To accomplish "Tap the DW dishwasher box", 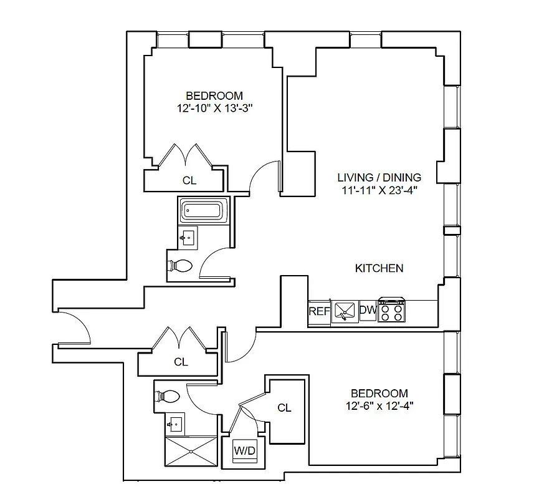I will (x=368, y=311).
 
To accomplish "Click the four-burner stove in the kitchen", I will (x=391, y=309).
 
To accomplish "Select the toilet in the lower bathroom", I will (x=167, y=396).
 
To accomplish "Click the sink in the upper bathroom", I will (x=188, y=238).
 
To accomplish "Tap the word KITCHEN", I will (x=379, y=268).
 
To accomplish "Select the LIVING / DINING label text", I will (x=379, y=178).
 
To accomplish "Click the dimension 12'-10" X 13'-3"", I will (x=214, y=108).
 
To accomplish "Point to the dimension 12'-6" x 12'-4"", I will (x=379, y=405).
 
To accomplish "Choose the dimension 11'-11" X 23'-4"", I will (x=379, y=191).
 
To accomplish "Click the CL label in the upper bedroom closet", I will (x=189, y=181).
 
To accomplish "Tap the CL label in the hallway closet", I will (x=181, y=362).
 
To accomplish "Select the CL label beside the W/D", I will (x=284, y=408).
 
